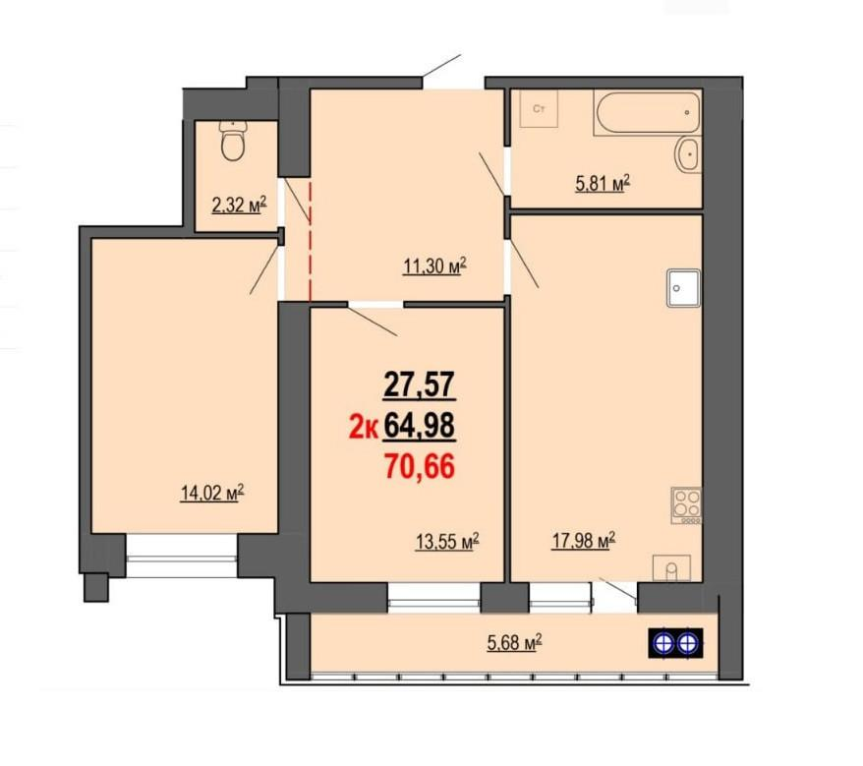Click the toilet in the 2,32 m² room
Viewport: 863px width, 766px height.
233,141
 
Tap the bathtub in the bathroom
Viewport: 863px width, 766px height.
647,112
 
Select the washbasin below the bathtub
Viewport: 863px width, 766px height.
688,154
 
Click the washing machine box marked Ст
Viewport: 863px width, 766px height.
539,109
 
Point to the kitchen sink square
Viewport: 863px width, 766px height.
683,287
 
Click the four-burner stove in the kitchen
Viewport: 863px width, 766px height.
686,505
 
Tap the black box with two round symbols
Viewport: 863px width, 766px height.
675,643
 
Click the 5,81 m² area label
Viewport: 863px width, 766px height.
603,183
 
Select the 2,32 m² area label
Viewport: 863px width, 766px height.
240,206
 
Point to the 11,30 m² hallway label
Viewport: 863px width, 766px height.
435,266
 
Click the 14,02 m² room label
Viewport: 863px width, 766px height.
212,493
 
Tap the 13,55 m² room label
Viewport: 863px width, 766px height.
447,542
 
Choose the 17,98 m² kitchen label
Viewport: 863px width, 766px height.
584,541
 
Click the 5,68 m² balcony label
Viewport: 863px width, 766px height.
515,643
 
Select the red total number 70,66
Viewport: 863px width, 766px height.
420,467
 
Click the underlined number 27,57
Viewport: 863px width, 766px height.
420,383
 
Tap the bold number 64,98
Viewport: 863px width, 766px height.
420,426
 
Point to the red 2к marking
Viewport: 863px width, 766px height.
364,428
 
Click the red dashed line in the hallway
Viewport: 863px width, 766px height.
311,242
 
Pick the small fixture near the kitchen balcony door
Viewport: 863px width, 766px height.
671,568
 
